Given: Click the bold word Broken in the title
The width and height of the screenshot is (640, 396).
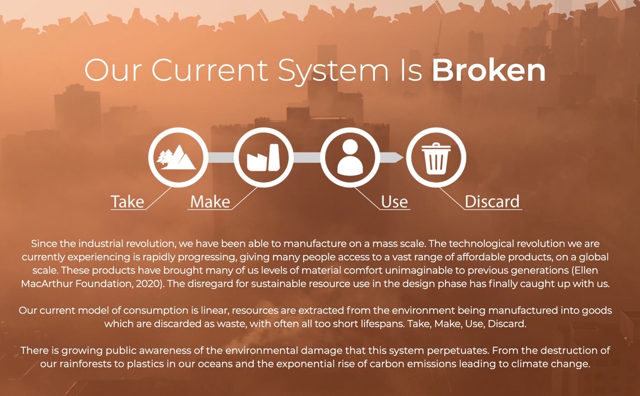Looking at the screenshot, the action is [x=489, y=70].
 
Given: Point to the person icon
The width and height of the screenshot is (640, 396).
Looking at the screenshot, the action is [x=350, y=157].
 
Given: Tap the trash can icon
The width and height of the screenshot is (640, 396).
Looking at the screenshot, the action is [x=436, y=158].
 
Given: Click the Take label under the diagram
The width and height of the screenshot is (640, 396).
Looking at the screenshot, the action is [x=128, y=201].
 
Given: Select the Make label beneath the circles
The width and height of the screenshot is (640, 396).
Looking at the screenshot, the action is [x=210, y=201].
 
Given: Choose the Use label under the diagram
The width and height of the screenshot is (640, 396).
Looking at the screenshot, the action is [x=394, y=201].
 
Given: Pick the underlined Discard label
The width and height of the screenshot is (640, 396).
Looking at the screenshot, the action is [x=492, y=201].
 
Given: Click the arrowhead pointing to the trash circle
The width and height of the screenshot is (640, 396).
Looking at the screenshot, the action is [x=398, y=157].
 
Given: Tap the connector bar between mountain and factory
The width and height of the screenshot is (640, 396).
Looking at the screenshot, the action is [x=221, y=157].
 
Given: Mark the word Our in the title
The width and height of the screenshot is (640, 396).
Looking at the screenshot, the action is [x=113, y=70].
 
